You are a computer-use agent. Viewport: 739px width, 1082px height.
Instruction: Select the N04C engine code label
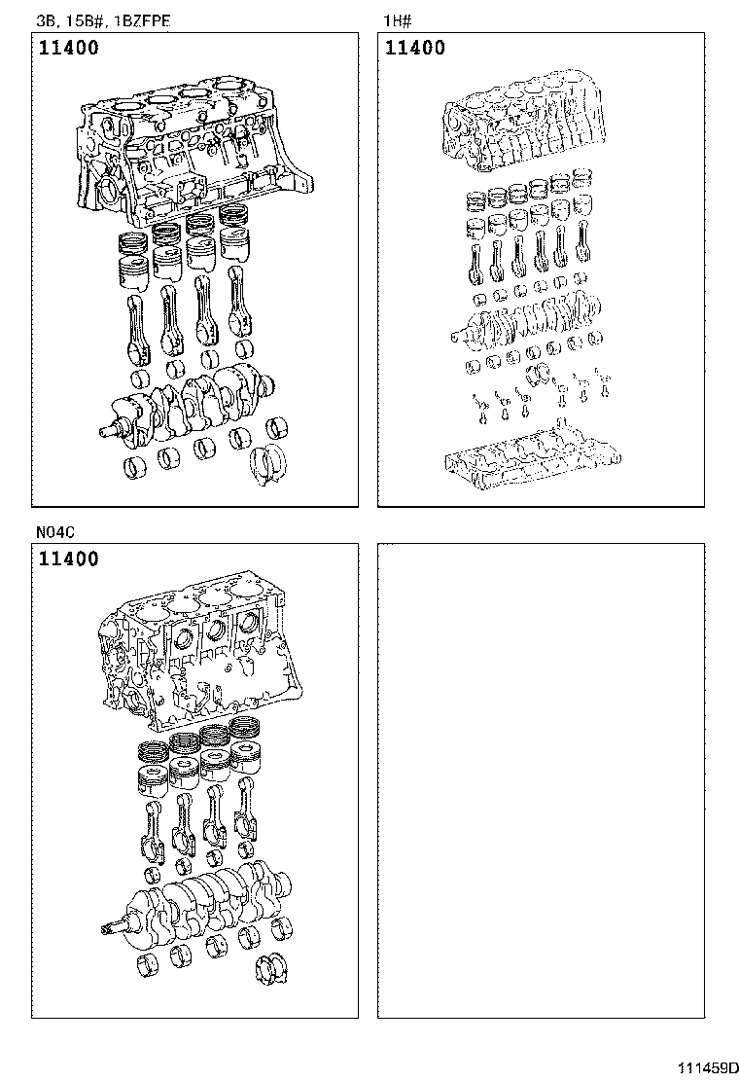(57, 532)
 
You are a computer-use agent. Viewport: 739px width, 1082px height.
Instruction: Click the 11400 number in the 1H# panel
(415, 48)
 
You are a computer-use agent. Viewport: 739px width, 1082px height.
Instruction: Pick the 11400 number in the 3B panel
(69, 48)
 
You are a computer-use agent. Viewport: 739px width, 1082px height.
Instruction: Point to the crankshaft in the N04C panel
(204, 895)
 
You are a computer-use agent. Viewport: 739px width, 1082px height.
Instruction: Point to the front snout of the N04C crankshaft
(114, 929)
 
